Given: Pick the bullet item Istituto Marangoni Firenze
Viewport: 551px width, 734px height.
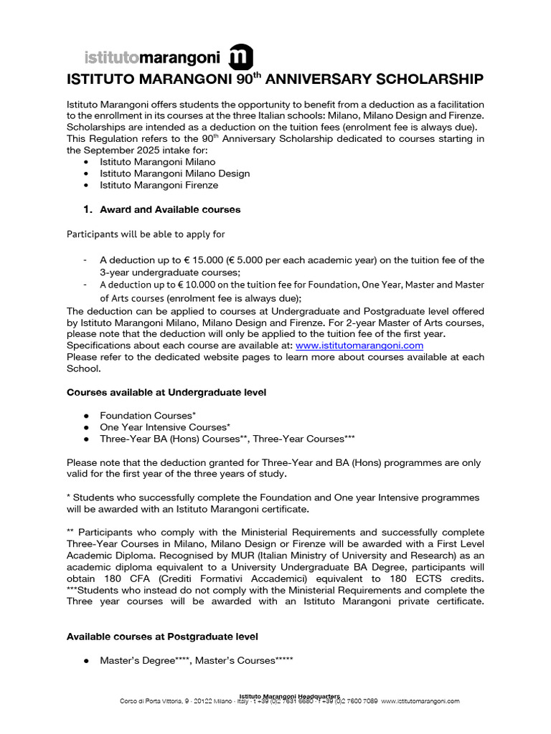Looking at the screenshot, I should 159,185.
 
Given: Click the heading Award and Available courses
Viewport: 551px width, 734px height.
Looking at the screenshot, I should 170,210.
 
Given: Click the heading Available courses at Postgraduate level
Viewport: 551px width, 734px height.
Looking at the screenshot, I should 162,636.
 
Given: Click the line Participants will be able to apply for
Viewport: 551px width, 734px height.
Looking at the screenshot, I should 150,234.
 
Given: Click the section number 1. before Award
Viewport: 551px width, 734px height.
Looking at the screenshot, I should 88,210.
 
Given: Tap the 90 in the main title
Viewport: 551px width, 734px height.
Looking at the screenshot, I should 244,79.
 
